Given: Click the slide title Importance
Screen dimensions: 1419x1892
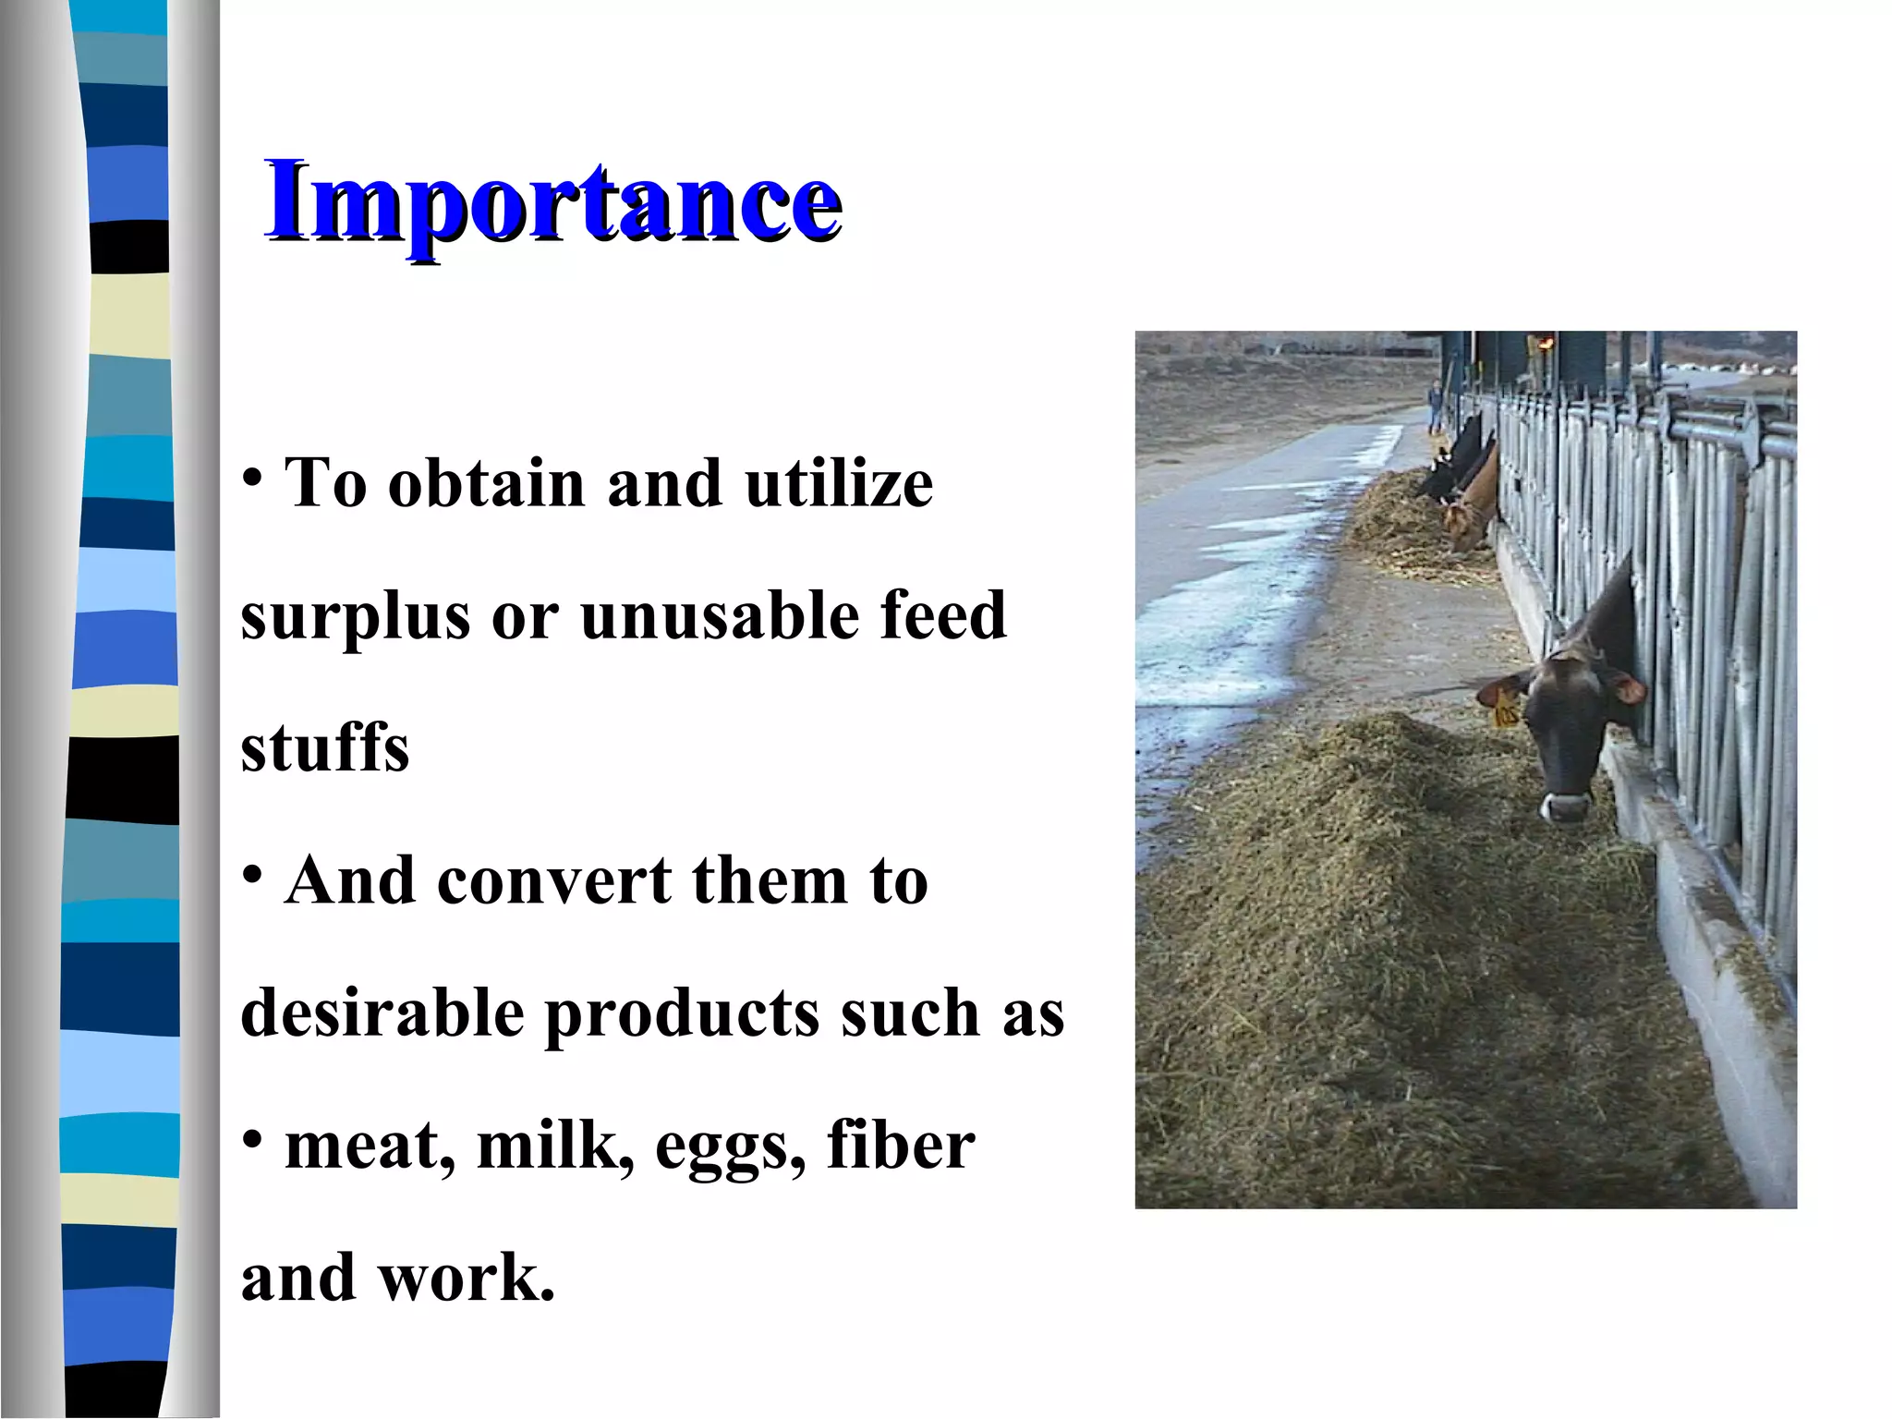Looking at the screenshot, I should (552, 201).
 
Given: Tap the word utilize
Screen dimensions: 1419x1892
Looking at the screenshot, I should (839, 484).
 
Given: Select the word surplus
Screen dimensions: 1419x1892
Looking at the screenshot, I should (355, 617).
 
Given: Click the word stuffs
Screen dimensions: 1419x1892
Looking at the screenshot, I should (324, 748).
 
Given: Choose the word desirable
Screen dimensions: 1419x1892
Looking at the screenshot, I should (382, 1013).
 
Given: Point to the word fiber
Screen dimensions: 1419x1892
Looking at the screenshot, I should (900, 1146).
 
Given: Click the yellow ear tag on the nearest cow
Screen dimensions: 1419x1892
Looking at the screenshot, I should (1506, 711).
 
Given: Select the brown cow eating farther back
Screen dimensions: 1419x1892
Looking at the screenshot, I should (1471, 503).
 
